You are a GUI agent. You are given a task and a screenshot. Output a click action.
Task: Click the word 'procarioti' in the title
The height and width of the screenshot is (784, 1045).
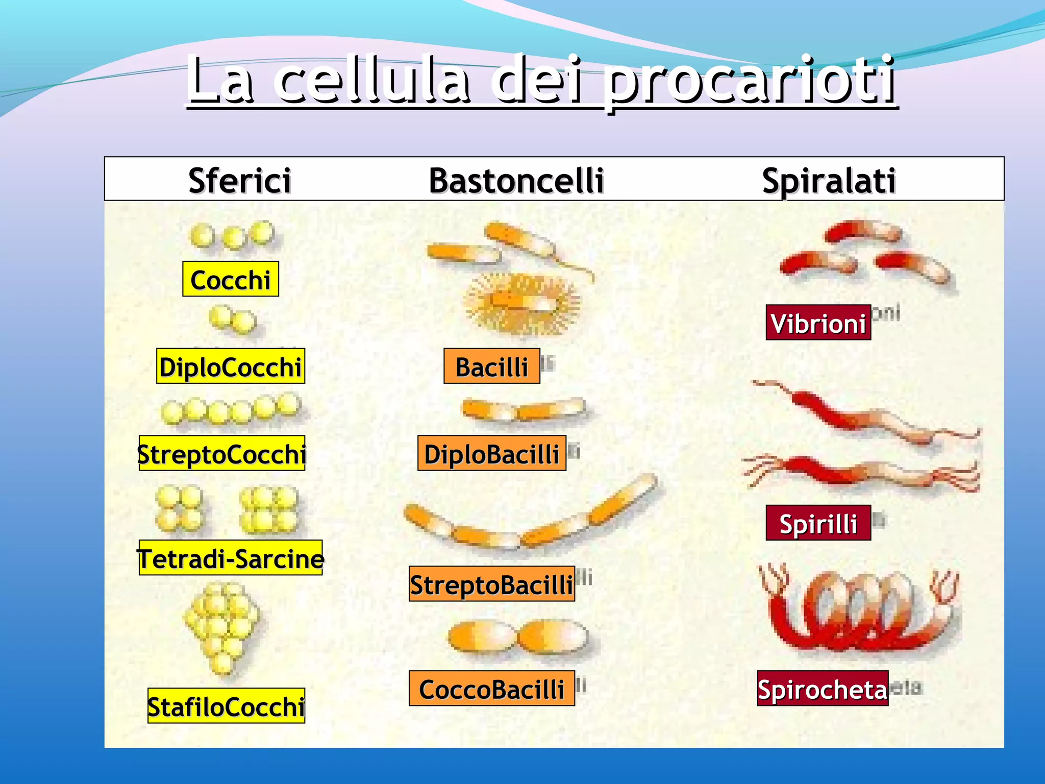(750, 82)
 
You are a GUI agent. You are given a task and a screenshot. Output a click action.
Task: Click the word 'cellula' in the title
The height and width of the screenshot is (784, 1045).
(372, 82)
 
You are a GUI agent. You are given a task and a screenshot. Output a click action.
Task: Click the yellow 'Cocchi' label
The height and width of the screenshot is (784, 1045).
(231, 279)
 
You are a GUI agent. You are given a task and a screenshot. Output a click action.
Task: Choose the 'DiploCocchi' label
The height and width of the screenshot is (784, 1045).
(231, 366)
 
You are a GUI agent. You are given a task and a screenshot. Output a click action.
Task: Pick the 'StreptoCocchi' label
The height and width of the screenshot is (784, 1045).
(222, 453)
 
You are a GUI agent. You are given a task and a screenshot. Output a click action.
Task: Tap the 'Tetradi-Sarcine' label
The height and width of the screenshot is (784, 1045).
(231, 558)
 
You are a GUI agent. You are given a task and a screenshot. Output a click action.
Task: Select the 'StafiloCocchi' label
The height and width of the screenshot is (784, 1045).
(226, 706)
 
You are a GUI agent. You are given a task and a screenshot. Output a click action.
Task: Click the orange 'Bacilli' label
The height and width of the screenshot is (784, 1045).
(492, 366)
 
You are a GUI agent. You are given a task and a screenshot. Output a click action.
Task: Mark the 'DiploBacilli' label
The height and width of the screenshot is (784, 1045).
(492, 453)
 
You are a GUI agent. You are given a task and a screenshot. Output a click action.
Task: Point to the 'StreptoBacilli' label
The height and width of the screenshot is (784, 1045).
(492, 584)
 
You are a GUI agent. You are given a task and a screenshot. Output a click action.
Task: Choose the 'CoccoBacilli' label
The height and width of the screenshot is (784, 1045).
(492, 689)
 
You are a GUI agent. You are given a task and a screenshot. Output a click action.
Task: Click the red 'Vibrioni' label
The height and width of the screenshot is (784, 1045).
(818, 323)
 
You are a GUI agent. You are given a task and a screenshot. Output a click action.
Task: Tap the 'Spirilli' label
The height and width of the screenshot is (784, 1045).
(818, 523)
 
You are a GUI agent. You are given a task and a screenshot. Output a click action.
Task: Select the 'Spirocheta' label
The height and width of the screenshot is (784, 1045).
(823, 689)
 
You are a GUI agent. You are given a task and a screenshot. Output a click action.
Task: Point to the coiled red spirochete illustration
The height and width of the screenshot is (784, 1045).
(860, 610)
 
